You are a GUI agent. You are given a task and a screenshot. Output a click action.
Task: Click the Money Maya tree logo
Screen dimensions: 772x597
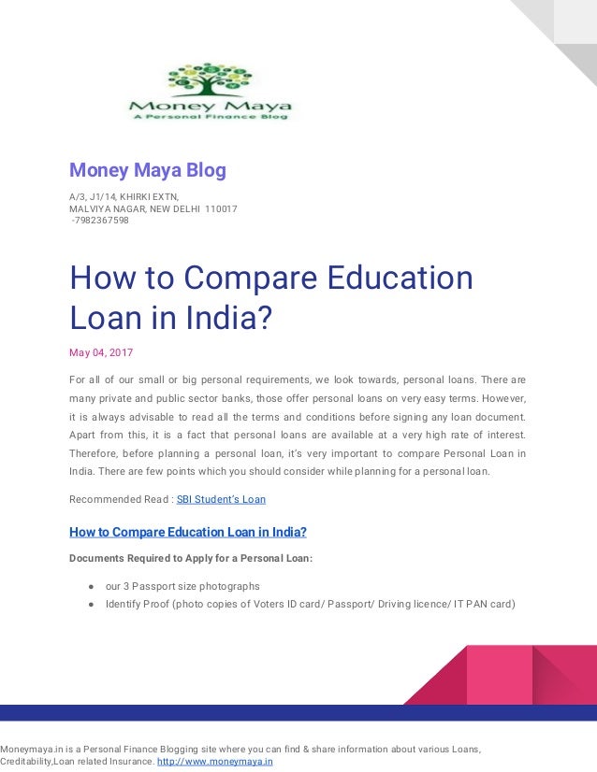210,91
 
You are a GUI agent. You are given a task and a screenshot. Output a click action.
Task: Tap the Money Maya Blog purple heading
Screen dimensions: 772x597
148,171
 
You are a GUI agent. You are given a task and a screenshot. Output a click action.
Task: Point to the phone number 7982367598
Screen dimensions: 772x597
101,221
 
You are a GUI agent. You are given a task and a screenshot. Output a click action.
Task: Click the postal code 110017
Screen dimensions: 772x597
221,208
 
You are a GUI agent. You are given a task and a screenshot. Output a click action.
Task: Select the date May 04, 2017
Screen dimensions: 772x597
101,352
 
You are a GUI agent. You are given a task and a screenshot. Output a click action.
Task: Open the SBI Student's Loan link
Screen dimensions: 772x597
221,499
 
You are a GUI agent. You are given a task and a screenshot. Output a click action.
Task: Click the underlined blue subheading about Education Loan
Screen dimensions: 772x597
188,533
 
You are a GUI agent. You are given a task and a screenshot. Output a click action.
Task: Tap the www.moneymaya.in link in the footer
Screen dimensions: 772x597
214,762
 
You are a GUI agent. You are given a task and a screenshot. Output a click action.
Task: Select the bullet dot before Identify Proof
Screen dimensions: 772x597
92,604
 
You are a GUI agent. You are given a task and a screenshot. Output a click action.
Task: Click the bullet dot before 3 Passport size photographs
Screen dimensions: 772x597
92,586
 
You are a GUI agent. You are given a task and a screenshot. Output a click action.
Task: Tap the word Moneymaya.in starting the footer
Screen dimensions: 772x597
33,749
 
